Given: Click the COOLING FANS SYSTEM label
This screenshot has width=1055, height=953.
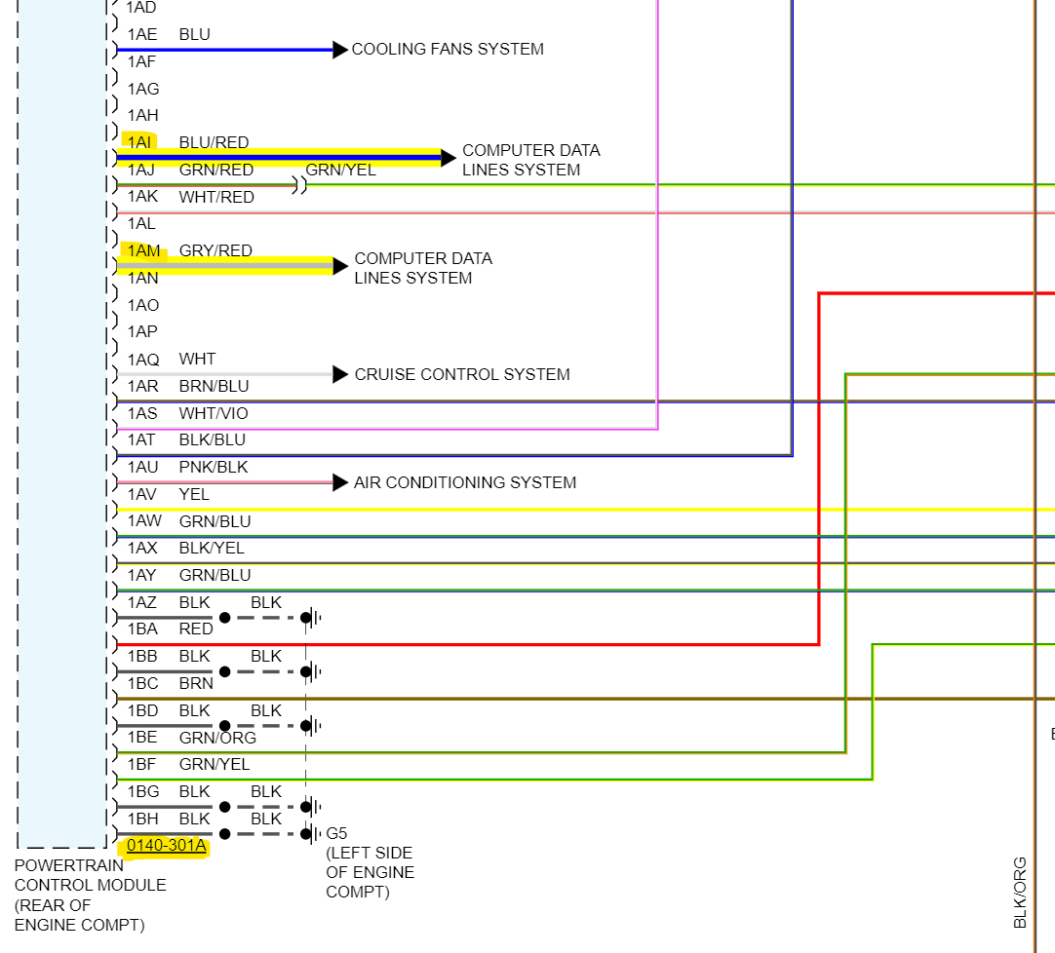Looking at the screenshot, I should click(448, 49).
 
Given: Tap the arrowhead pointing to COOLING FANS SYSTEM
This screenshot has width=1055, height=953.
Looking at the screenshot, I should click(340, 50).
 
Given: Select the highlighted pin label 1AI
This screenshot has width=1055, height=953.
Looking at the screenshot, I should click(139, 142).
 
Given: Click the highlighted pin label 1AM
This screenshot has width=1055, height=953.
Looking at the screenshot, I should click(143, 250).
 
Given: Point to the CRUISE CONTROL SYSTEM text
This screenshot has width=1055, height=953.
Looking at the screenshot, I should click(462, 374).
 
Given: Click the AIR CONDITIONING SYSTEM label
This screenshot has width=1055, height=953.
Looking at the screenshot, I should click(465, 482).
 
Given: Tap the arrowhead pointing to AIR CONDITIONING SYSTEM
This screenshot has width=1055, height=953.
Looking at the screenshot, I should click(340, 482).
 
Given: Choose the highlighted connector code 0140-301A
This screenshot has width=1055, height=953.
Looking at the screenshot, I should click(167, 845).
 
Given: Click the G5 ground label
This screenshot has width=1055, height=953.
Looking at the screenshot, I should click(336, 833).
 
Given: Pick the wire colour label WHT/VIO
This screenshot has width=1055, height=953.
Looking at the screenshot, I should click(214, 413).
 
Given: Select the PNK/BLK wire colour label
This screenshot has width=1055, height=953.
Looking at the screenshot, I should click(214, 467).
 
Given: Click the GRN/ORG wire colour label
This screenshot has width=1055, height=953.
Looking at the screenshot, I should click(217, 738).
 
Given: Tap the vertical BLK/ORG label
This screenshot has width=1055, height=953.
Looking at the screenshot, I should click(1020, 892).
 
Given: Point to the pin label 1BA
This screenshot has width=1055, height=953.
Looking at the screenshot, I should click(142, 629).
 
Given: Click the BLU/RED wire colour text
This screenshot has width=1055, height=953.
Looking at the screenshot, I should click(214, 142).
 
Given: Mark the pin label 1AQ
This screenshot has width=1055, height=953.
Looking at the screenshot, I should click(143, 359).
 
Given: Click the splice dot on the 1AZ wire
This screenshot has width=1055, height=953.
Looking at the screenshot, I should click(225, 618).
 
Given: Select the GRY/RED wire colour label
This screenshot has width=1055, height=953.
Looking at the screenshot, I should click(215, 250).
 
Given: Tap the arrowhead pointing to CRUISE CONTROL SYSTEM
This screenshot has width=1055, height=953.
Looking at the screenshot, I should click(340, 374).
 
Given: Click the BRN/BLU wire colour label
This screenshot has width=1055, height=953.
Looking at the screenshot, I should click(214, 386).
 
